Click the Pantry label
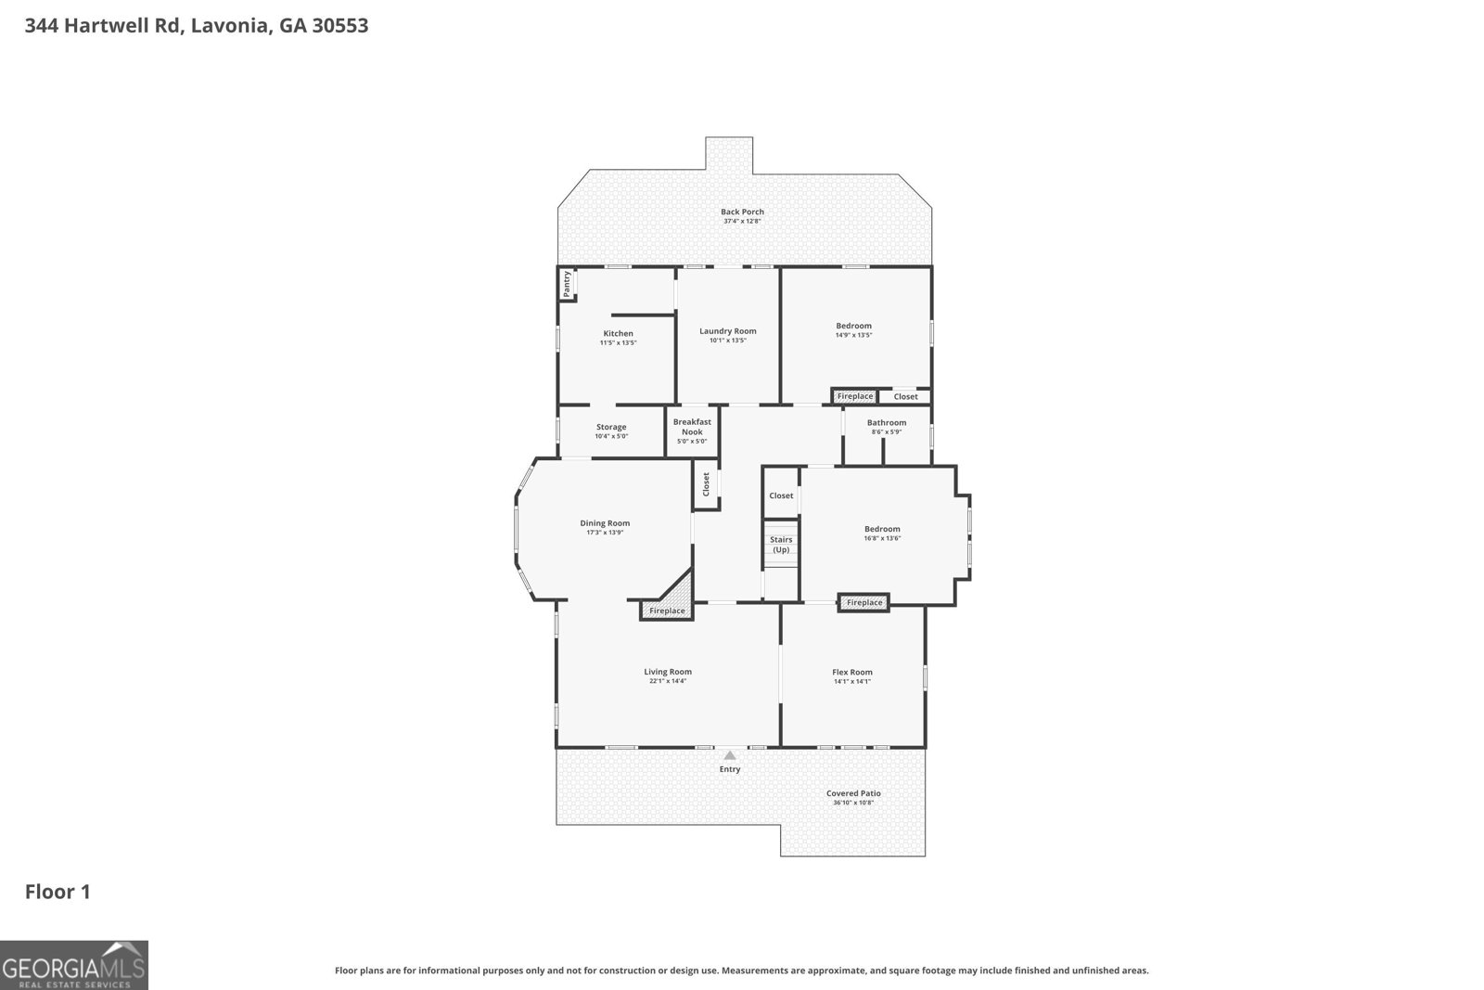(567, 283)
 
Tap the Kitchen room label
(618, 334)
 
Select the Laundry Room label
(727, 331)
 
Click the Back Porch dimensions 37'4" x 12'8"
(742, 222)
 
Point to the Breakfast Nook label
(692, 427)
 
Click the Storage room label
(611, 427)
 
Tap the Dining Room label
(605, 523)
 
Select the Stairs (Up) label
(781, 545)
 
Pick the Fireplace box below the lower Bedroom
(864, 603)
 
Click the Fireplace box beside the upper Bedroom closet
(854, 396)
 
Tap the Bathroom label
(887, 422)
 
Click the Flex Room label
(851, 672)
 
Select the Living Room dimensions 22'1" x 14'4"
(668, 682)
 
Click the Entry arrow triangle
(730, 755)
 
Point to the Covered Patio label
(853, 793)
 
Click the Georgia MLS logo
(74, 965)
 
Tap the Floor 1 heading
(58, 892)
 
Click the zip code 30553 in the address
(340, 26)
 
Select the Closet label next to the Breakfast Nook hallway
(706, 483)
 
